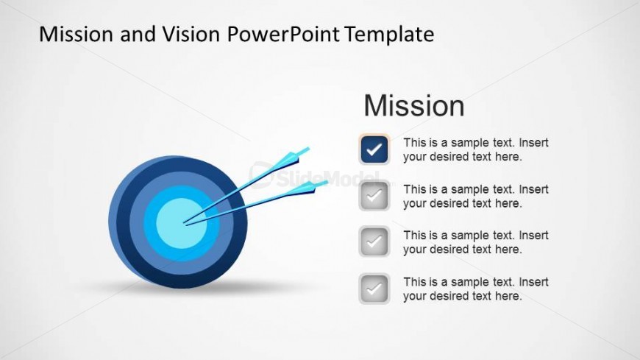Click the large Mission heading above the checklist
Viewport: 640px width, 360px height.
pos(413,106)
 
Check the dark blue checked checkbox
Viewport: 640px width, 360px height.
pos(374,150)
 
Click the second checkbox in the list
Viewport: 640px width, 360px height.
pos(374,196)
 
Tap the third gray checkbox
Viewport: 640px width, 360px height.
pos(374,241)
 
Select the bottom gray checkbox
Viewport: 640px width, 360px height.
pos(374,288)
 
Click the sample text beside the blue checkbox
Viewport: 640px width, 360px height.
pos(475,149)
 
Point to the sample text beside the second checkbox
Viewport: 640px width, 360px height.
pos(475,196)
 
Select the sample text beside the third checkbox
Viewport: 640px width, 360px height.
pos(475,242)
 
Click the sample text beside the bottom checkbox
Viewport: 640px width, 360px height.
pos(475,289)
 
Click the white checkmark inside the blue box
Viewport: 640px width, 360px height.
pos(374,150)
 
